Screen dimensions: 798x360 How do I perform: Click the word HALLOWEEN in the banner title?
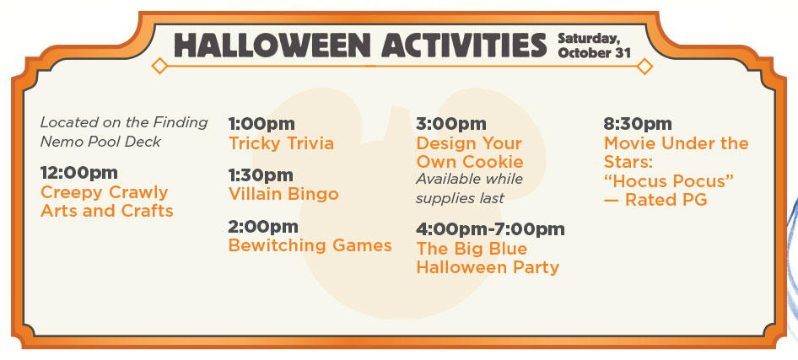(272, 46)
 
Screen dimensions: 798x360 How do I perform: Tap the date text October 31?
(594, 53)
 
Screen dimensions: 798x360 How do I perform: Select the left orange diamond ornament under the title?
(159, 66)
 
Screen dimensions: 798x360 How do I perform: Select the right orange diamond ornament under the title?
(644, 66)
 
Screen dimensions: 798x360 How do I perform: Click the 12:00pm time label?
(79, 173)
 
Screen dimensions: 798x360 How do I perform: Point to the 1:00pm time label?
(262, 124)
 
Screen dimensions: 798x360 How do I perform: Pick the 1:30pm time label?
(261, 175)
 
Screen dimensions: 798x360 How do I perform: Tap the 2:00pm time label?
(263, 227)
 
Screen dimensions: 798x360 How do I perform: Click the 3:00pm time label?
(451, 124)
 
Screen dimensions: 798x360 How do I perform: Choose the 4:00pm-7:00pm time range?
(490, 229)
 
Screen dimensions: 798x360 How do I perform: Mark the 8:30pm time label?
(638, 124)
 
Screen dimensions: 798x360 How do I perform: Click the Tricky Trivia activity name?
(282, 143)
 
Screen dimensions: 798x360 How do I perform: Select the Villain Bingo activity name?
(283, 194)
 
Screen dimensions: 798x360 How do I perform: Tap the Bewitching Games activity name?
(310, 245)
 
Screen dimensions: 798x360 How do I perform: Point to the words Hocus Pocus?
(669, 181)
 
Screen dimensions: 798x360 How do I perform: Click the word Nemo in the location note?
(56, 142)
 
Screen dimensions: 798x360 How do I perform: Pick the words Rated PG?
(666, 201)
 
